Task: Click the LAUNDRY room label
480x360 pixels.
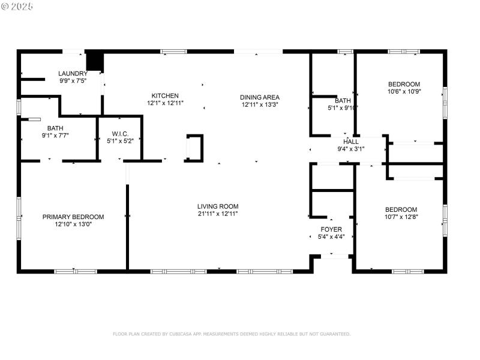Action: (73, 74)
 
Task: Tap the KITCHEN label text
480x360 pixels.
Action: (165, 95)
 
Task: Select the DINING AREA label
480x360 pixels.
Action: (260, 97)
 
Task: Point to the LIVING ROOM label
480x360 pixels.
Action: (218, 206)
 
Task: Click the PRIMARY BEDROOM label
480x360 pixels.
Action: (73, 217)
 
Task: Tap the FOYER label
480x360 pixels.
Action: (331, 229)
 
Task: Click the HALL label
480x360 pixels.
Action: (351, 142)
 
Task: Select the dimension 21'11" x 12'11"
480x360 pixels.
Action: (218, 214)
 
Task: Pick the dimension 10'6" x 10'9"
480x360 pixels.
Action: (404, 91)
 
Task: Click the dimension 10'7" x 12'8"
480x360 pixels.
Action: (401, 217)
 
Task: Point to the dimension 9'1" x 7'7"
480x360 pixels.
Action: (55, 135)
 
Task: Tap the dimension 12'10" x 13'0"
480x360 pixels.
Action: (73, 224)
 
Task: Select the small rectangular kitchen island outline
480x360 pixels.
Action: (194, 148)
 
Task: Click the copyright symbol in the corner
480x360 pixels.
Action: (5, 6)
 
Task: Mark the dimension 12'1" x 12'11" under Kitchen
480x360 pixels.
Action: (165, 103)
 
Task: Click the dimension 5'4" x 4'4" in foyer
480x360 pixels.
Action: (331, 236)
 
